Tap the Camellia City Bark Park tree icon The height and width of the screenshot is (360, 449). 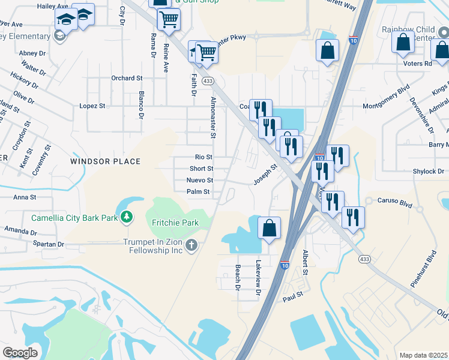tap(127, 217)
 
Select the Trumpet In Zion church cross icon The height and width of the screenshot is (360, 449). tap(191, 244)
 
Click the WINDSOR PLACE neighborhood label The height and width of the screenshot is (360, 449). tap(105, 161)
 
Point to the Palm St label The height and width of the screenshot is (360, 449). tap(198, 192)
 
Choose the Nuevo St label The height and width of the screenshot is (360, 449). tap(200, 180)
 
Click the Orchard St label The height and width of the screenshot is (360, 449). tap(127, 78)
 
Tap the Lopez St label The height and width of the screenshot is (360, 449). tap(92, 106)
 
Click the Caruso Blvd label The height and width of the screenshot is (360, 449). tap(396, 202)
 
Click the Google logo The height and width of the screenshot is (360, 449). tap(20, 352)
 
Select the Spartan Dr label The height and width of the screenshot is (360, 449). tap(49, 244)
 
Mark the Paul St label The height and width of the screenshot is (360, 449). tap(293, 296)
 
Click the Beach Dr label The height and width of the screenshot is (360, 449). tap(238, 278)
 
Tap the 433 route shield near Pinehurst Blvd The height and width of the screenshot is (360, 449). tap(364, 259)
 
